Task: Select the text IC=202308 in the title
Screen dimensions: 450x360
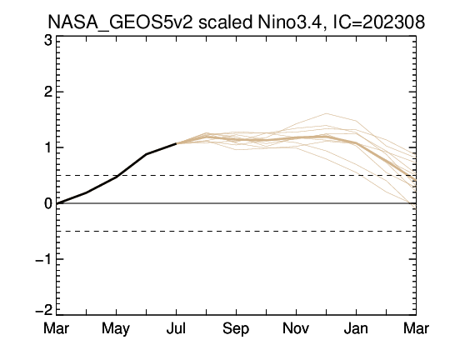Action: point(378,22)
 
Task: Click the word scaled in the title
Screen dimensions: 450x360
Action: point(225,22)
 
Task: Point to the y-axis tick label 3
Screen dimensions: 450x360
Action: point(48,41)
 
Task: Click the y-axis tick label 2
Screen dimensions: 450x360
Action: point(48,92)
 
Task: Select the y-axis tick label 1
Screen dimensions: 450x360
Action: point(48,147)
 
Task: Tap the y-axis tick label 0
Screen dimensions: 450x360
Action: point(48,203)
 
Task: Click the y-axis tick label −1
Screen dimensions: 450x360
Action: point(43,259)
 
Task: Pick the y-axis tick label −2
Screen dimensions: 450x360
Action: point(43,310)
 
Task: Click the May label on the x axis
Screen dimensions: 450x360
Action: point(116,329)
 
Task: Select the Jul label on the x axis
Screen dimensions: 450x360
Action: point(176,328)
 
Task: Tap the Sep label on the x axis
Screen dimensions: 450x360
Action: point(236,329)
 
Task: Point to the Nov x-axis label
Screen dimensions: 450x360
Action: point(296,328)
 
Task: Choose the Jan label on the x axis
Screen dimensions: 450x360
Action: point(356,328)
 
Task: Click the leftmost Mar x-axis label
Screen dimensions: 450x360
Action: point(57,328)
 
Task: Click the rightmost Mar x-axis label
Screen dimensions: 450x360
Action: point(416,328)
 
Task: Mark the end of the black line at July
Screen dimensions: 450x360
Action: point(176,143)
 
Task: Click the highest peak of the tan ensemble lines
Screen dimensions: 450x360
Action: point(326,113)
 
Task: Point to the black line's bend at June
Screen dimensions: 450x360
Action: point(146,154)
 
